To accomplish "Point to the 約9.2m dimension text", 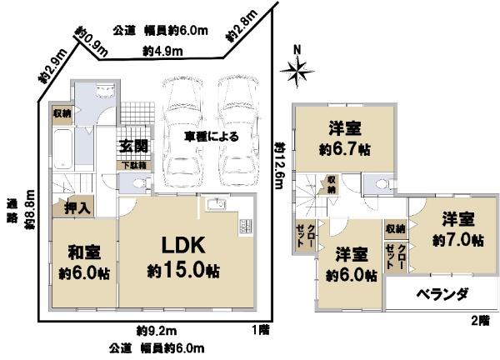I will [152, 329].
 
